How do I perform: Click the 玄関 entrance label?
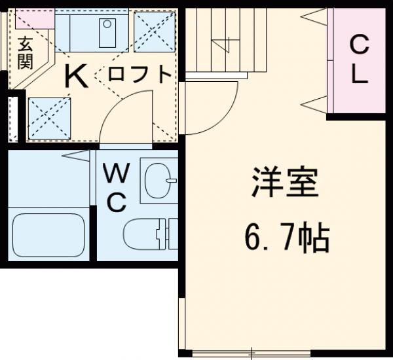tap(26, 54)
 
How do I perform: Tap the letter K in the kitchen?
tap(77, 78)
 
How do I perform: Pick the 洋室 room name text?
tap(286, 184)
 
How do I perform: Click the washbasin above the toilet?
tap(159, 179)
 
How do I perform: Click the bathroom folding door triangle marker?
tap(79, 155)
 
